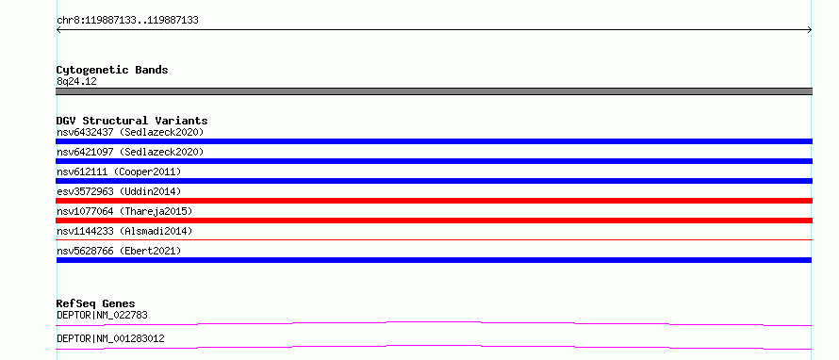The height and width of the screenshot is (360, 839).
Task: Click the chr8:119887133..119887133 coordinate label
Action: point(127,21)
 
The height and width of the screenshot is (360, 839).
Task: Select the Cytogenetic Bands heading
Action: point(112,70)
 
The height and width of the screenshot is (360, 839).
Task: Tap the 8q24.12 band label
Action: point(76,81)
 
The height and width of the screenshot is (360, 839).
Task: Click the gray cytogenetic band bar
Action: point(434,91)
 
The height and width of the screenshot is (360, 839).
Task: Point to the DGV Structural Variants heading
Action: point(132,121)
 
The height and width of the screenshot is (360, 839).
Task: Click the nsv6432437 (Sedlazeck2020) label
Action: point(130,132)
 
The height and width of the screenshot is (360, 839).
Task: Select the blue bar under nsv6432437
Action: point(434,141)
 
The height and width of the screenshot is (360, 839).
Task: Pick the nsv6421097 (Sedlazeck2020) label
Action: point(130,152)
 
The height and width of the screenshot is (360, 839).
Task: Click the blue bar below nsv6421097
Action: point(434,161)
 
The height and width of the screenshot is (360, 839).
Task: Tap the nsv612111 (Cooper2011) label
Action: point(119,172)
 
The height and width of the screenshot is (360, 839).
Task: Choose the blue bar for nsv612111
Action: point(434,181)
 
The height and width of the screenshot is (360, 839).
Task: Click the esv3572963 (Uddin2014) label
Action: point(119,191)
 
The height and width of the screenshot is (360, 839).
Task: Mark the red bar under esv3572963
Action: point(434,201)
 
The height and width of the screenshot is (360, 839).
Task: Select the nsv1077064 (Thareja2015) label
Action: point(124,211)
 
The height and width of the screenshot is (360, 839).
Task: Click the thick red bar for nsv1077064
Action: point(434,221)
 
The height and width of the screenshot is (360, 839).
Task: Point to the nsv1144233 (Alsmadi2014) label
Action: point(124,231)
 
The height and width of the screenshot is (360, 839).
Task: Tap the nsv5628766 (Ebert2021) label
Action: point(119,251)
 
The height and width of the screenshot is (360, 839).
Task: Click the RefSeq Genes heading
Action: point(96,303)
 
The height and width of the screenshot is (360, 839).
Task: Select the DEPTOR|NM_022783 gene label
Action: point(102,315)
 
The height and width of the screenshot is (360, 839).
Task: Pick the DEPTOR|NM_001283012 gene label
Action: point(110,338)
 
